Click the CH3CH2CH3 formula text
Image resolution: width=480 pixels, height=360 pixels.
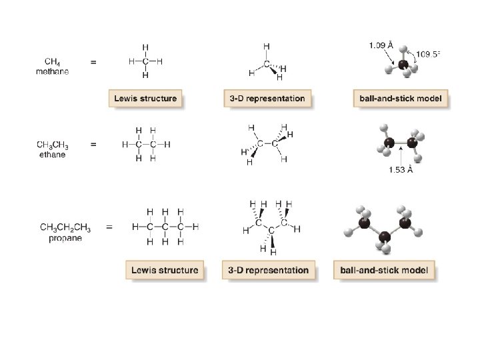[x=65, y=228]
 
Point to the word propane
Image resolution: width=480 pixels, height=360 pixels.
[x=65, y=239]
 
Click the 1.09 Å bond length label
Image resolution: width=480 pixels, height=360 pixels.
[x=380, y=45]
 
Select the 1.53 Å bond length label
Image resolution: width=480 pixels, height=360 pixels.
[x=401, y=169]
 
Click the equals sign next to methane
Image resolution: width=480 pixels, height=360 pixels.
[x=93, y=61]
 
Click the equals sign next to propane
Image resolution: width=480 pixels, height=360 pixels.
[x=108, y=227]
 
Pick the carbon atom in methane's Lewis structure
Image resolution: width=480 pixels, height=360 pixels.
[x=145, y=61]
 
